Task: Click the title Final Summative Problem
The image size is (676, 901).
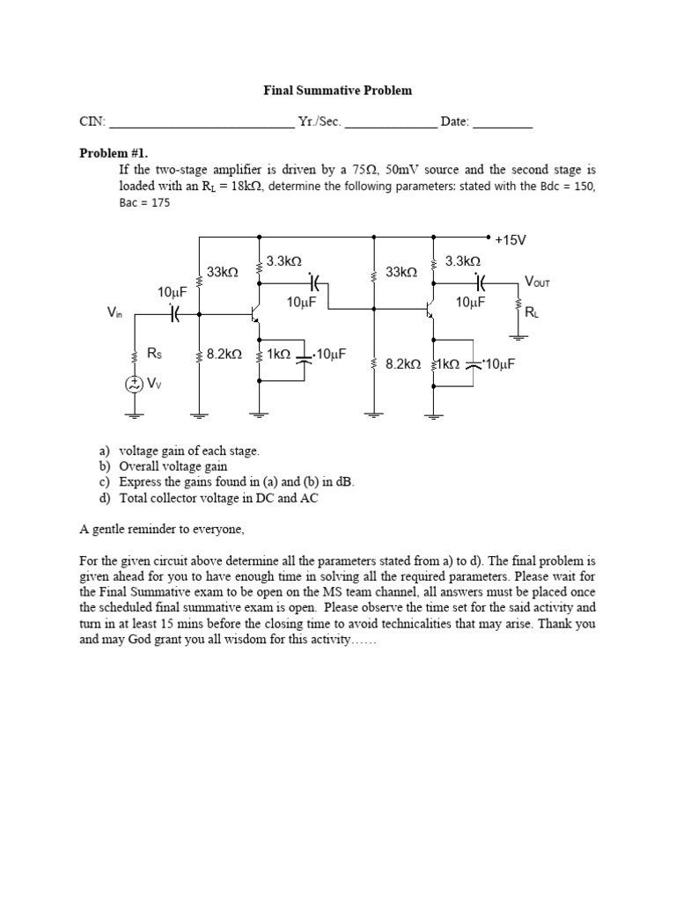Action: point(338,91)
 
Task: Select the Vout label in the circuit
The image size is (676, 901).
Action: point(536,282)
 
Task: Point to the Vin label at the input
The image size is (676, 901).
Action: point(114,312)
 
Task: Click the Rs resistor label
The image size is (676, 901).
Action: point(154,354)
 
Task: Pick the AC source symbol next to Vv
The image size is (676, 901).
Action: point(135,384)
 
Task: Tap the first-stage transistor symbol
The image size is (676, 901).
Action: point(253,312)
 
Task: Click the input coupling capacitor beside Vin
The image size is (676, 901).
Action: point(174,312)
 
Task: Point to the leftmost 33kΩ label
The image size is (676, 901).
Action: point(223,273)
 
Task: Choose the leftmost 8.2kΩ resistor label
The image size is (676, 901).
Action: point(224,354)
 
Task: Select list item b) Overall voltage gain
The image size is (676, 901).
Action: point(163,466)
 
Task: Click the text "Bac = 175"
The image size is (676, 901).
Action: point(144,202)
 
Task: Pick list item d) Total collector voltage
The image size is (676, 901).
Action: point(209,498)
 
